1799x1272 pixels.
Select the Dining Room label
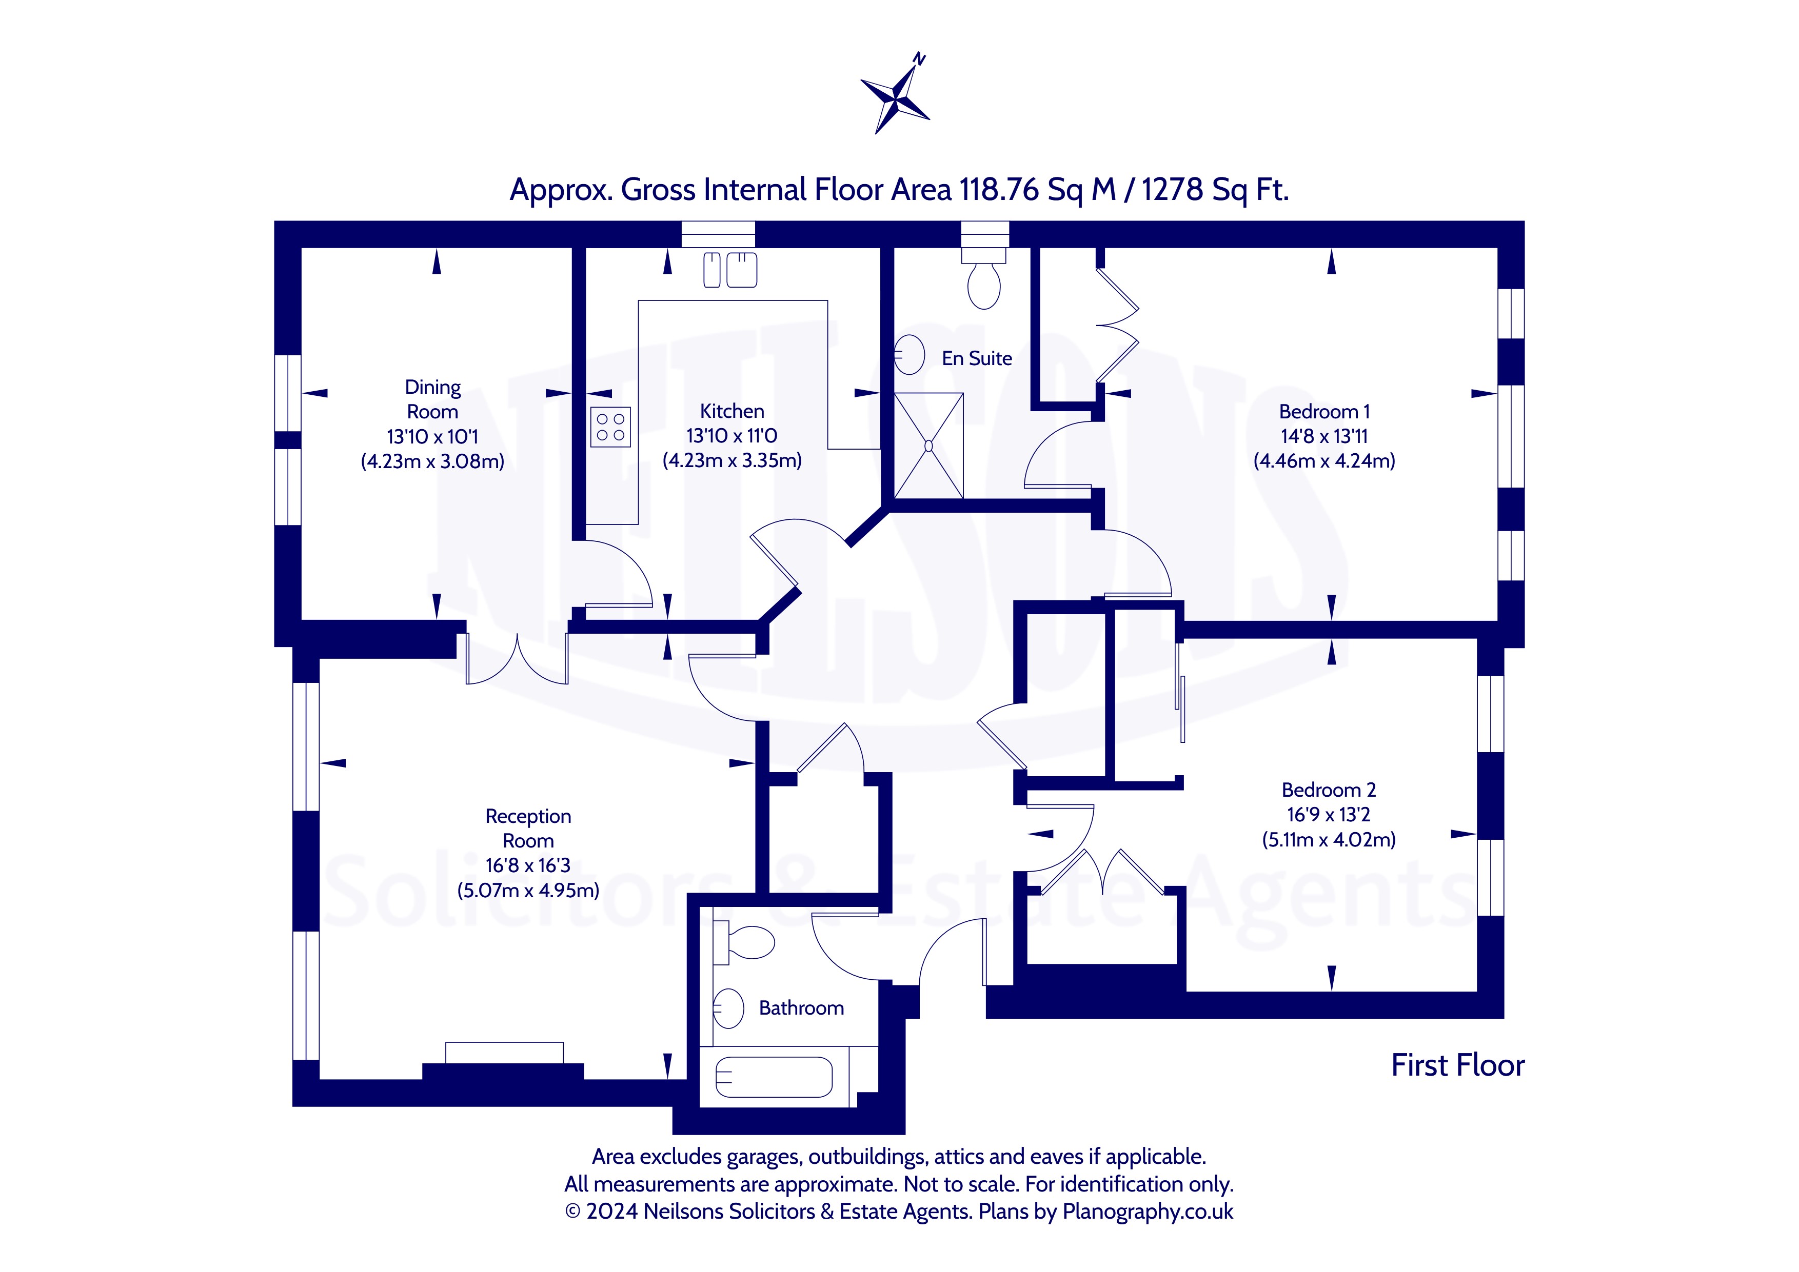click(x=432, y=399)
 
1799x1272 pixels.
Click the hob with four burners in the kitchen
click(x=610, y=427)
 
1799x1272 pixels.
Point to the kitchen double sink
click(x=730, y=270)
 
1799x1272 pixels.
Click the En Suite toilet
click(x=984, y=277)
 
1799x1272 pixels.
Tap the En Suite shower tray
click(x=928, y=446)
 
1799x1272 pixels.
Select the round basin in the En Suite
click(x=909, y=354)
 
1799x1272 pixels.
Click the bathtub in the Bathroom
click(x=774, y=1078)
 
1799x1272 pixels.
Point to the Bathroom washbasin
click(x=728, y=1008)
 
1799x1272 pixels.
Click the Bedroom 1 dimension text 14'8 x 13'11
click(x=1324, y=436)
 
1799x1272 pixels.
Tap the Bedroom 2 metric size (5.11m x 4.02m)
click(x=1329, y=840)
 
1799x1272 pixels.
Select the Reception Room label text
click(x=528, y=829)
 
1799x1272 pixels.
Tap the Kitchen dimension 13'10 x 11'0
click(x=732, y=435)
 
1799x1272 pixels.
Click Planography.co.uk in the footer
click(x=1148, y=1212)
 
